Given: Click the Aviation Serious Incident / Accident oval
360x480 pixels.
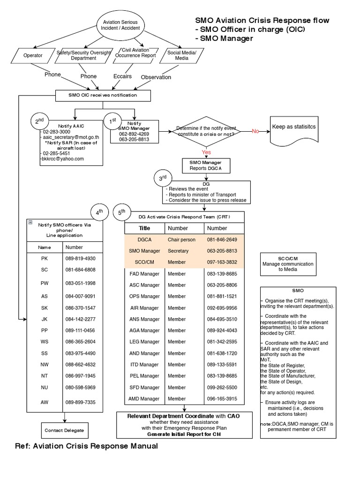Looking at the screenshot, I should click(x=121, y=25).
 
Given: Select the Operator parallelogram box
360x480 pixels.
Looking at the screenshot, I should click(x=33, y=55).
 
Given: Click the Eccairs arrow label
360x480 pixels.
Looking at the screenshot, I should click(x=122, y=76).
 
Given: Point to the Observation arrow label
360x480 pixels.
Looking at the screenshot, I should click(x=156, y=77).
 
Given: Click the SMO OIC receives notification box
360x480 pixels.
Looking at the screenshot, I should click(x=103, y=95).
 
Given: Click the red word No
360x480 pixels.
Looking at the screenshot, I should click(x=255, y=131).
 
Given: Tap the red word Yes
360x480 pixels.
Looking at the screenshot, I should click(x=206, y=152).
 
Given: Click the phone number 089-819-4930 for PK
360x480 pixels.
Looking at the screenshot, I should click(x=81, y=258).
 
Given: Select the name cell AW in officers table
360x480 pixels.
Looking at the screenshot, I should click(x=45, y=403).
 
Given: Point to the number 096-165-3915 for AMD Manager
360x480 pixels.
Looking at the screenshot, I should click(x=222, y=399).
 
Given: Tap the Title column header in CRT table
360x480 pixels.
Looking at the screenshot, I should click(x=144, y=228).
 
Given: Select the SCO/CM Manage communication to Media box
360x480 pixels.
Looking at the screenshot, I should click(x=287, y=264).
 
